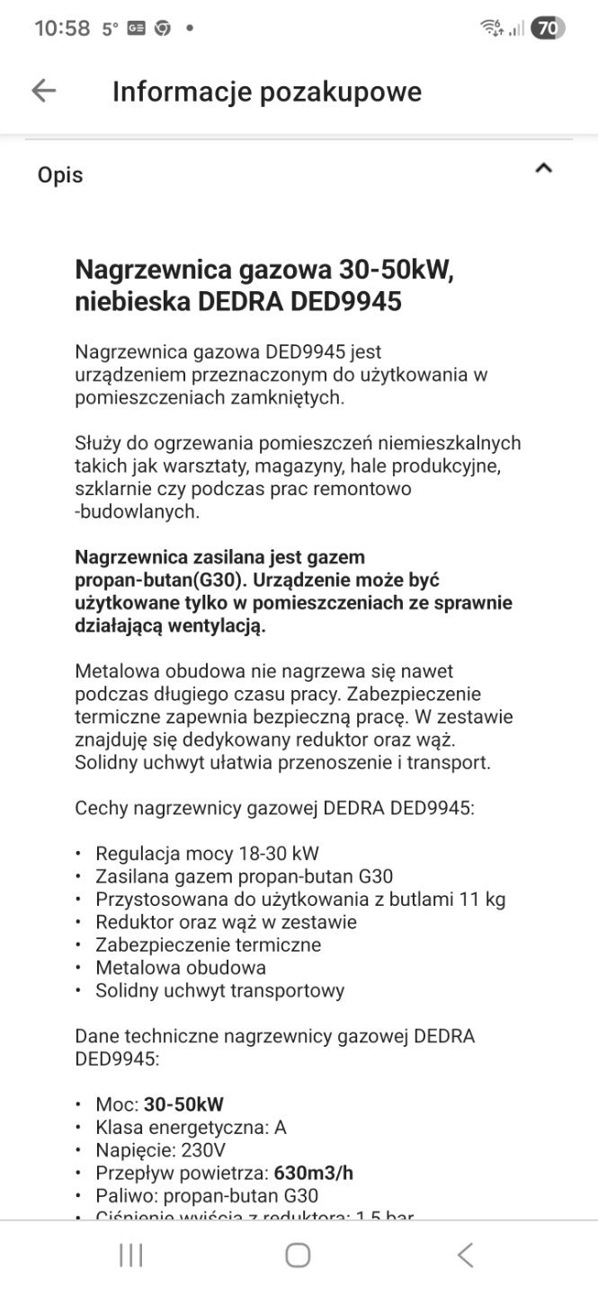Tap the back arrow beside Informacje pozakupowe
click(x=43, y=91)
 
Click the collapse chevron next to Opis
click(x=543, y=168)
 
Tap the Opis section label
click(x=60, y=175)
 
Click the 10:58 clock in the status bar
click(x=62, y=29)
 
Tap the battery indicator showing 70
click(x=547, y=29)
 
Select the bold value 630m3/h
click(x=313, y=1173)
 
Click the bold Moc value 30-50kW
click(x=183, y=1103)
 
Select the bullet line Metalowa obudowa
click(x=181, y=968)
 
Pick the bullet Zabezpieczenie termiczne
click(x=208, y=944)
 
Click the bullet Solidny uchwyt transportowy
click(x=219, y=991)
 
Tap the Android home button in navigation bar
click(x=298, y=1255)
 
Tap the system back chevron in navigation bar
click(x=465, y=1255)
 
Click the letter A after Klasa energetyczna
click(x=280, y=1127)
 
